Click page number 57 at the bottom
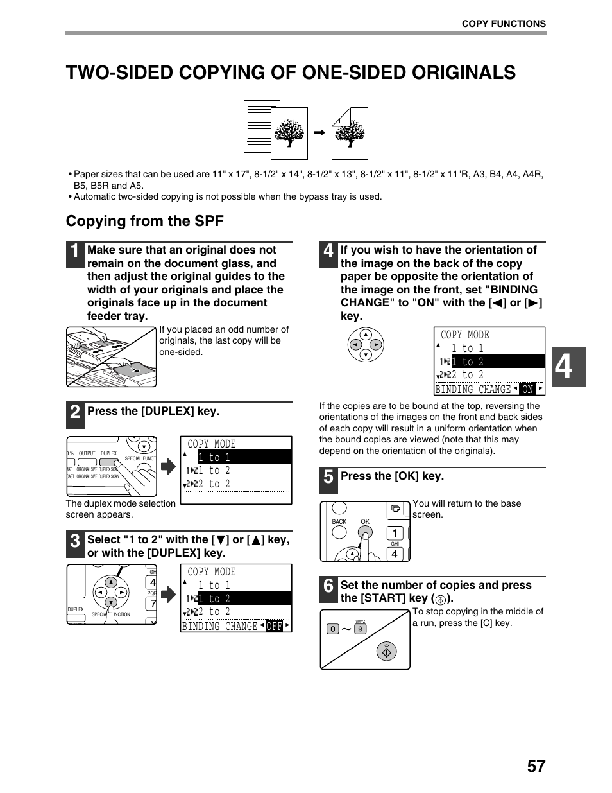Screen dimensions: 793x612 click(536, 765)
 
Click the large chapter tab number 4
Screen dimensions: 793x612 click(565, 367)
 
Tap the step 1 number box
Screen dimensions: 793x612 click(75, 252)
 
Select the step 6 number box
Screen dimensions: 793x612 click(328, 586)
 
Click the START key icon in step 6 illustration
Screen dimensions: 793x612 click(386, 652)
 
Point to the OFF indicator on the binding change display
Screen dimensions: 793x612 click(275, 626)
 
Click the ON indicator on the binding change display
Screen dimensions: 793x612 click(527, 389)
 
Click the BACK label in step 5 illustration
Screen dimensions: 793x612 click(339, 522)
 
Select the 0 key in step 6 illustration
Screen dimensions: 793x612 click(332, 629)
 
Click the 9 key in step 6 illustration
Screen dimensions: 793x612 click(361, 629)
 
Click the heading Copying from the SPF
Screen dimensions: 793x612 click(145, 221)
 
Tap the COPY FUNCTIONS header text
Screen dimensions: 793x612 click(504, 24)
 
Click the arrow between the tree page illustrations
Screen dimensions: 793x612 click(319, 133)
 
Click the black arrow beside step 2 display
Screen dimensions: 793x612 click(168, 467)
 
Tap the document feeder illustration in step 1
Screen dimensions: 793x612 click(112, 357)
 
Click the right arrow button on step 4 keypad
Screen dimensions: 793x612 click(377, 344)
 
